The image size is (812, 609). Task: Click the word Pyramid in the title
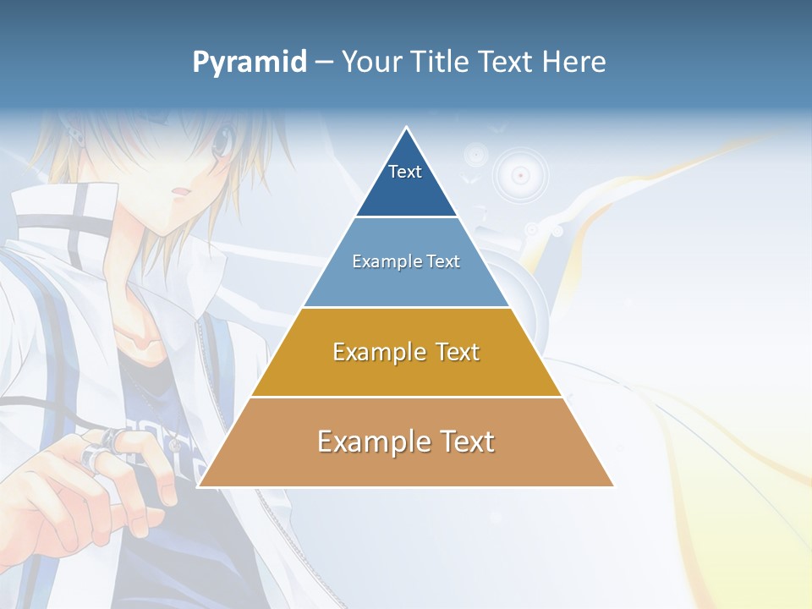tap(250, 63)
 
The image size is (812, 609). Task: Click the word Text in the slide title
tap(509, 63)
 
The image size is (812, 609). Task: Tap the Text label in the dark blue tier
tap(405, 172)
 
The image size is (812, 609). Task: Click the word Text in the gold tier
tap(458, 352)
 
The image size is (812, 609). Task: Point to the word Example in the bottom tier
tap(370, 442)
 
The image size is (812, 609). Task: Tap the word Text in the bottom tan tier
tap(464, 442)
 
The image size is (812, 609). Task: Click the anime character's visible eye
tap(221, 143)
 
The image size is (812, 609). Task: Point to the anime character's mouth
tap(178, 194)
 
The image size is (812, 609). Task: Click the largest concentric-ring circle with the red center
tap(521, 175)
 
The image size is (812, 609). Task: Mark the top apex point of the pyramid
tap(407, 128)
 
